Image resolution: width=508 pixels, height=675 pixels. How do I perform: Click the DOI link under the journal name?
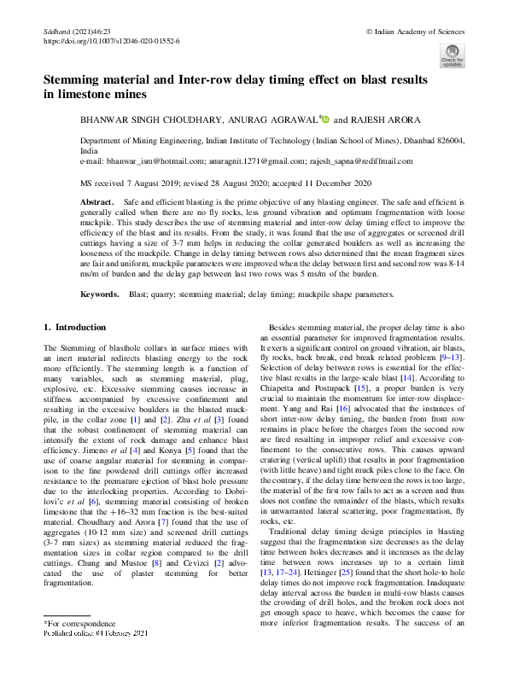pyautogui.click(x=111, y=40)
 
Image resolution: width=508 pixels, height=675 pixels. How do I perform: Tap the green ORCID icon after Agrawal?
pyautogui.click(x=325, y=120)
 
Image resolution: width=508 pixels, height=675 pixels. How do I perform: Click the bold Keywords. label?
pyautogui.click(x=99, y=294)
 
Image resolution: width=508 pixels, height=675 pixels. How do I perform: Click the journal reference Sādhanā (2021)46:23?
pyautogui.click(x=75, y=31)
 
